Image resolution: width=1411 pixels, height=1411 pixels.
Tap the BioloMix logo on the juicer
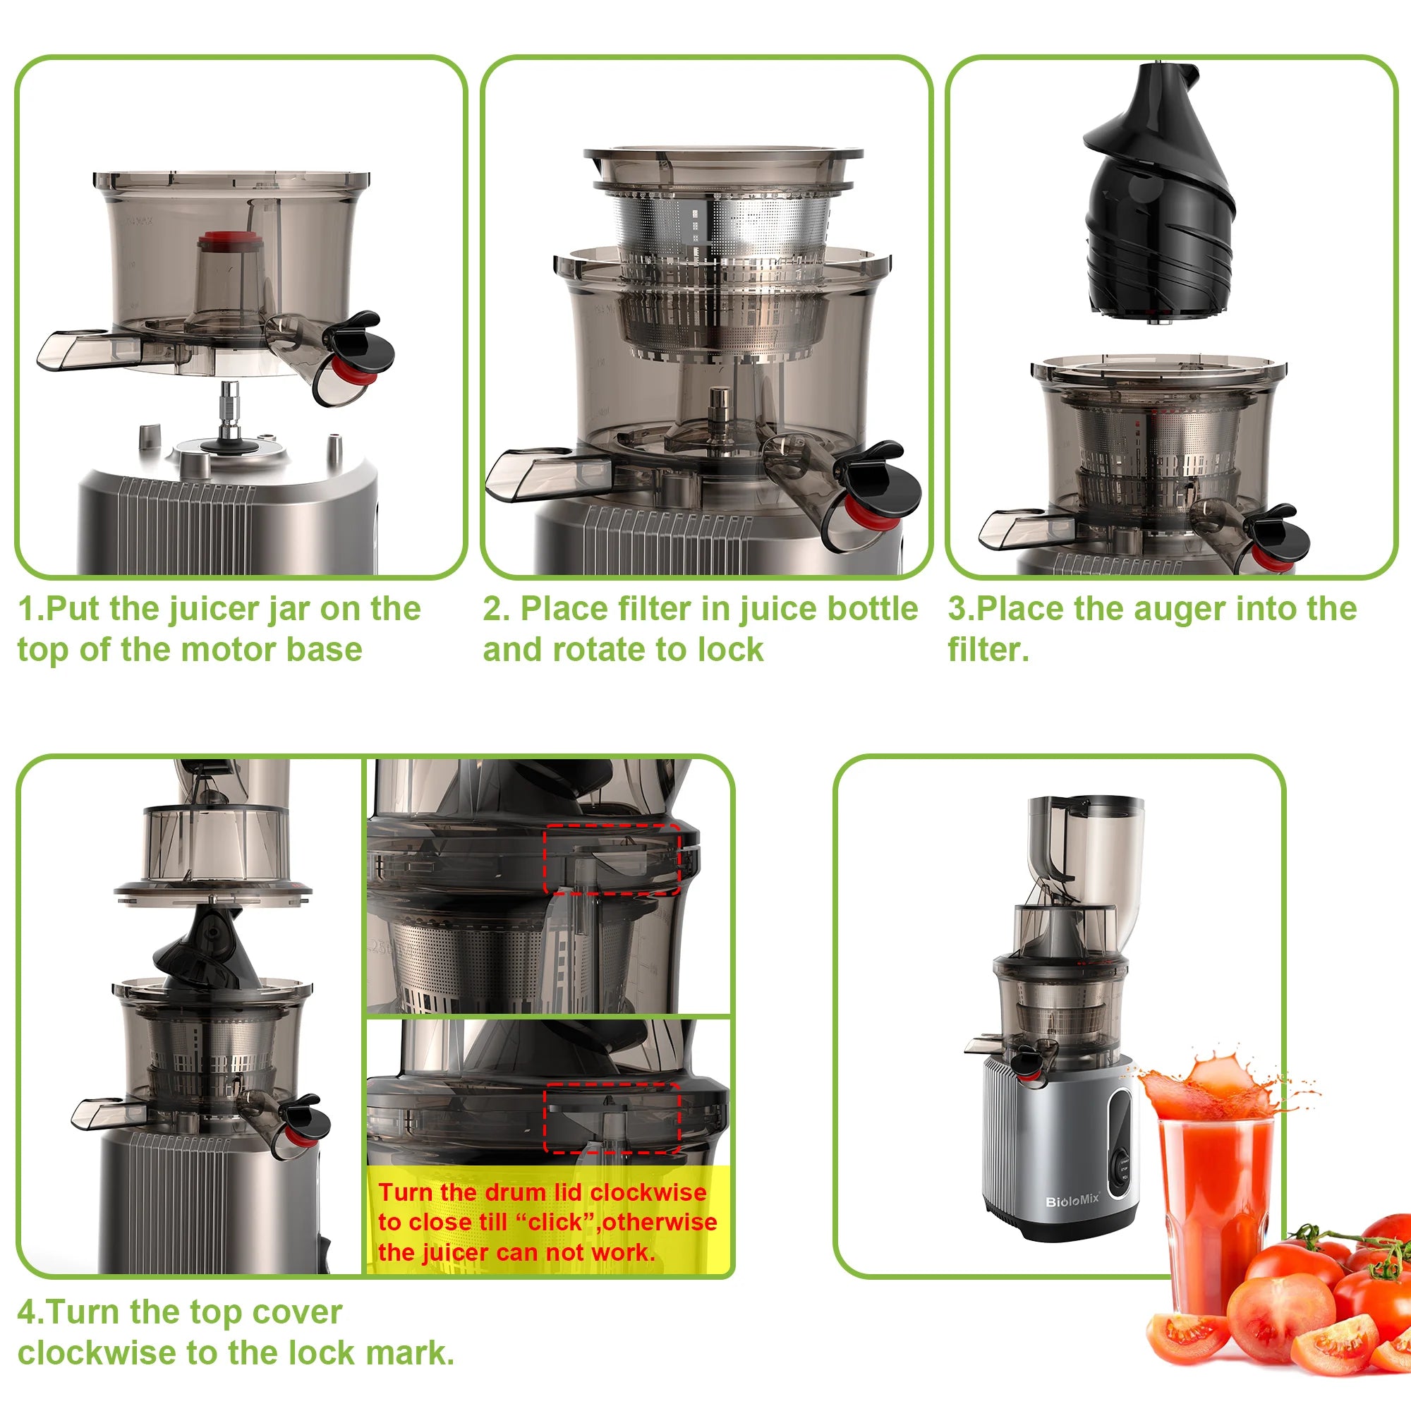(x=1072, y=1201)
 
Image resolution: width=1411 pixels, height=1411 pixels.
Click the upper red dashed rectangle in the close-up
(x=612, y=858)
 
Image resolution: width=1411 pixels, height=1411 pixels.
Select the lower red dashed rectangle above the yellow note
(x=612, y=1118)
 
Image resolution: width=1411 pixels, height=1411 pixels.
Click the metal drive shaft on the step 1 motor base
(x=230, y=409)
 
